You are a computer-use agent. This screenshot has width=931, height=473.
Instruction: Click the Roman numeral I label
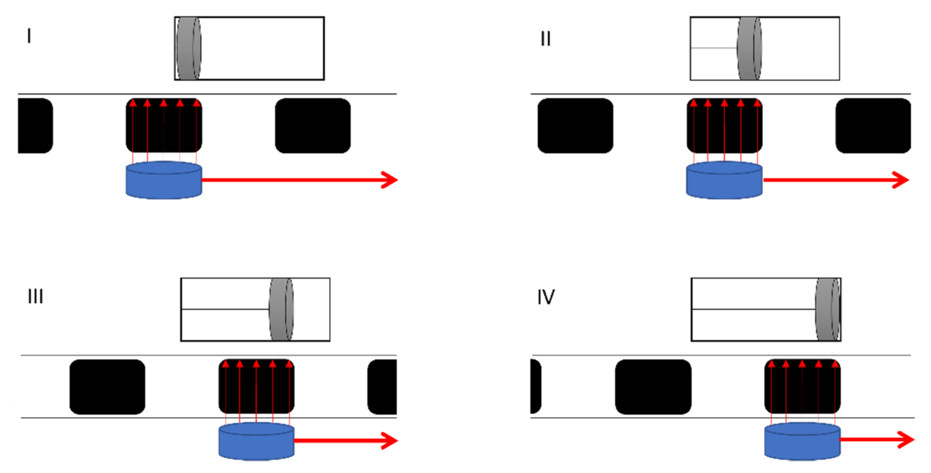click(29, 36)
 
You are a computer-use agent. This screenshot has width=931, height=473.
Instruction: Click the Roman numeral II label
click(545, 39)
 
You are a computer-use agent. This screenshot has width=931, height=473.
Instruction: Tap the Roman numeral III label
click(35, 296)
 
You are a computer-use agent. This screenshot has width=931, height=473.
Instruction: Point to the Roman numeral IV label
click(546, 297)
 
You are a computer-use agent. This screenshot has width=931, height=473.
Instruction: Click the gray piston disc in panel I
click(188, 48)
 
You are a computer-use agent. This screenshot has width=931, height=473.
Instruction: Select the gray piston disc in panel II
click(749, 48)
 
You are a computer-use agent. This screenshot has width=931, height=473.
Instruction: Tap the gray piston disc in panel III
click(281, 309)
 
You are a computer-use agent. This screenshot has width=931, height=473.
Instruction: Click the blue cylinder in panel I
click(164, 181)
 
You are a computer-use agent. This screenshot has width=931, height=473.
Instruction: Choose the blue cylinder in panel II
click(724, 181)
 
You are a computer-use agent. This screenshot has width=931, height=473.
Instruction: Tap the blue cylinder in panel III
click(256, 441)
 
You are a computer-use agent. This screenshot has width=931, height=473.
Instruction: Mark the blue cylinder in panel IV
click(802, 441)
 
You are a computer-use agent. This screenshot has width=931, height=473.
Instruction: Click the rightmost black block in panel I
click(313, 126)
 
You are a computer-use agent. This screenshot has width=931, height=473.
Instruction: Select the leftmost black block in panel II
click(575, 126)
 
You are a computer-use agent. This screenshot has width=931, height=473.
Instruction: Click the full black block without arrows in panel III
click(107, 387)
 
